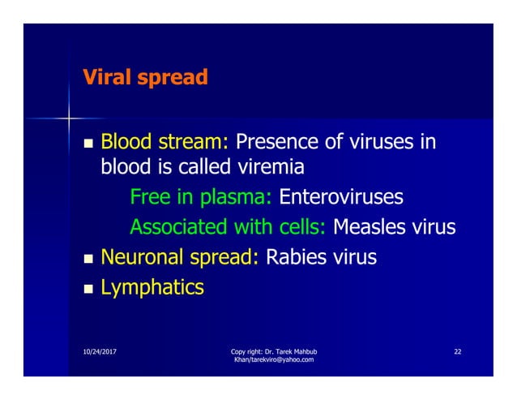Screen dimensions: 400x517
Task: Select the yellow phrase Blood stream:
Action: click(164, 144)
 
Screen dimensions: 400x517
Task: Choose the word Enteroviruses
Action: click(340, 197)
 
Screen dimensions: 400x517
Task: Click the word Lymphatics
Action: click(152, 286)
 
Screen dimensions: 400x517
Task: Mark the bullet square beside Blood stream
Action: click(87, 145)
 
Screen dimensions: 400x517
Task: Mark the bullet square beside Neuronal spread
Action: click(87, 258)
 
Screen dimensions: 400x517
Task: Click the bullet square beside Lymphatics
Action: click(87, 287)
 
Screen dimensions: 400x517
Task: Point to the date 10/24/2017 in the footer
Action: click(88, 351)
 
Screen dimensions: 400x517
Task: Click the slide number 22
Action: click(458, 351)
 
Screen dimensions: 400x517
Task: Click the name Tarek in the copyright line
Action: click(284, 351)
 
